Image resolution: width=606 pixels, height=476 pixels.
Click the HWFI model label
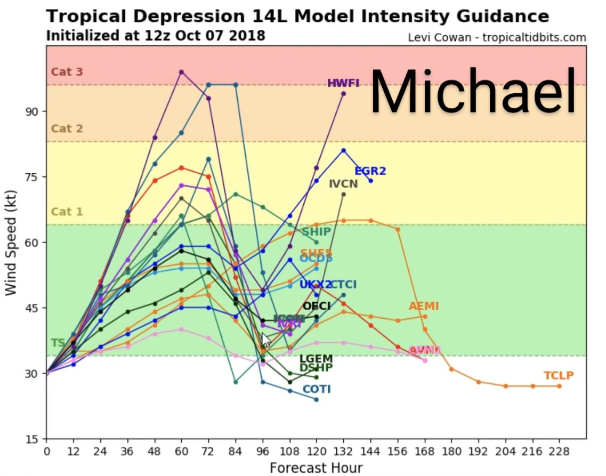(343, 83)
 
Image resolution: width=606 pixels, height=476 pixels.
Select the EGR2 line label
(370, 171)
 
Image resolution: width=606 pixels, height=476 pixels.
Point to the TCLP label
(559, 375)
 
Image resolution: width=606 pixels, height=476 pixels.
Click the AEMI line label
(424, 306)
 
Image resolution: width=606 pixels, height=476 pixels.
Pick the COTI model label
(317, 389)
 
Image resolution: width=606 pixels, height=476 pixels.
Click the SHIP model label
(316, 232)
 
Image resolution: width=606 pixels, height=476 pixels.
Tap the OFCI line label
(317, 306)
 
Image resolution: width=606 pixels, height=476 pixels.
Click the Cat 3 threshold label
(67, 72)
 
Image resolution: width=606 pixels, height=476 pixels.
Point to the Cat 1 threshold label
(67, 212)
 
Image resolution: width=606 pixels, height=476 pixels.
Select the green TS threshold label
(57, 343)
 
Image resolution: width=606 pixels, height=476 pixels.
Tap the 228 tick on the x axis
(559, 451)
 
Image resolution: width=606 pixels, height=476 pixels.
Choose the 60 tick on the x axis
(181, 451)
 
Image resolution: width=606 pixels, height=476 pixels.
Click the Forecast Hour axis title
(316, 467)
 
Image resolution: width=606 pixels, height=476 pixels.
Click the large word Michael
(473, 92)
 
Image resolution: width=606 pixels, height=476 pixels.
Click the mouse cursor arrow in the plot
(265, 339)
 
